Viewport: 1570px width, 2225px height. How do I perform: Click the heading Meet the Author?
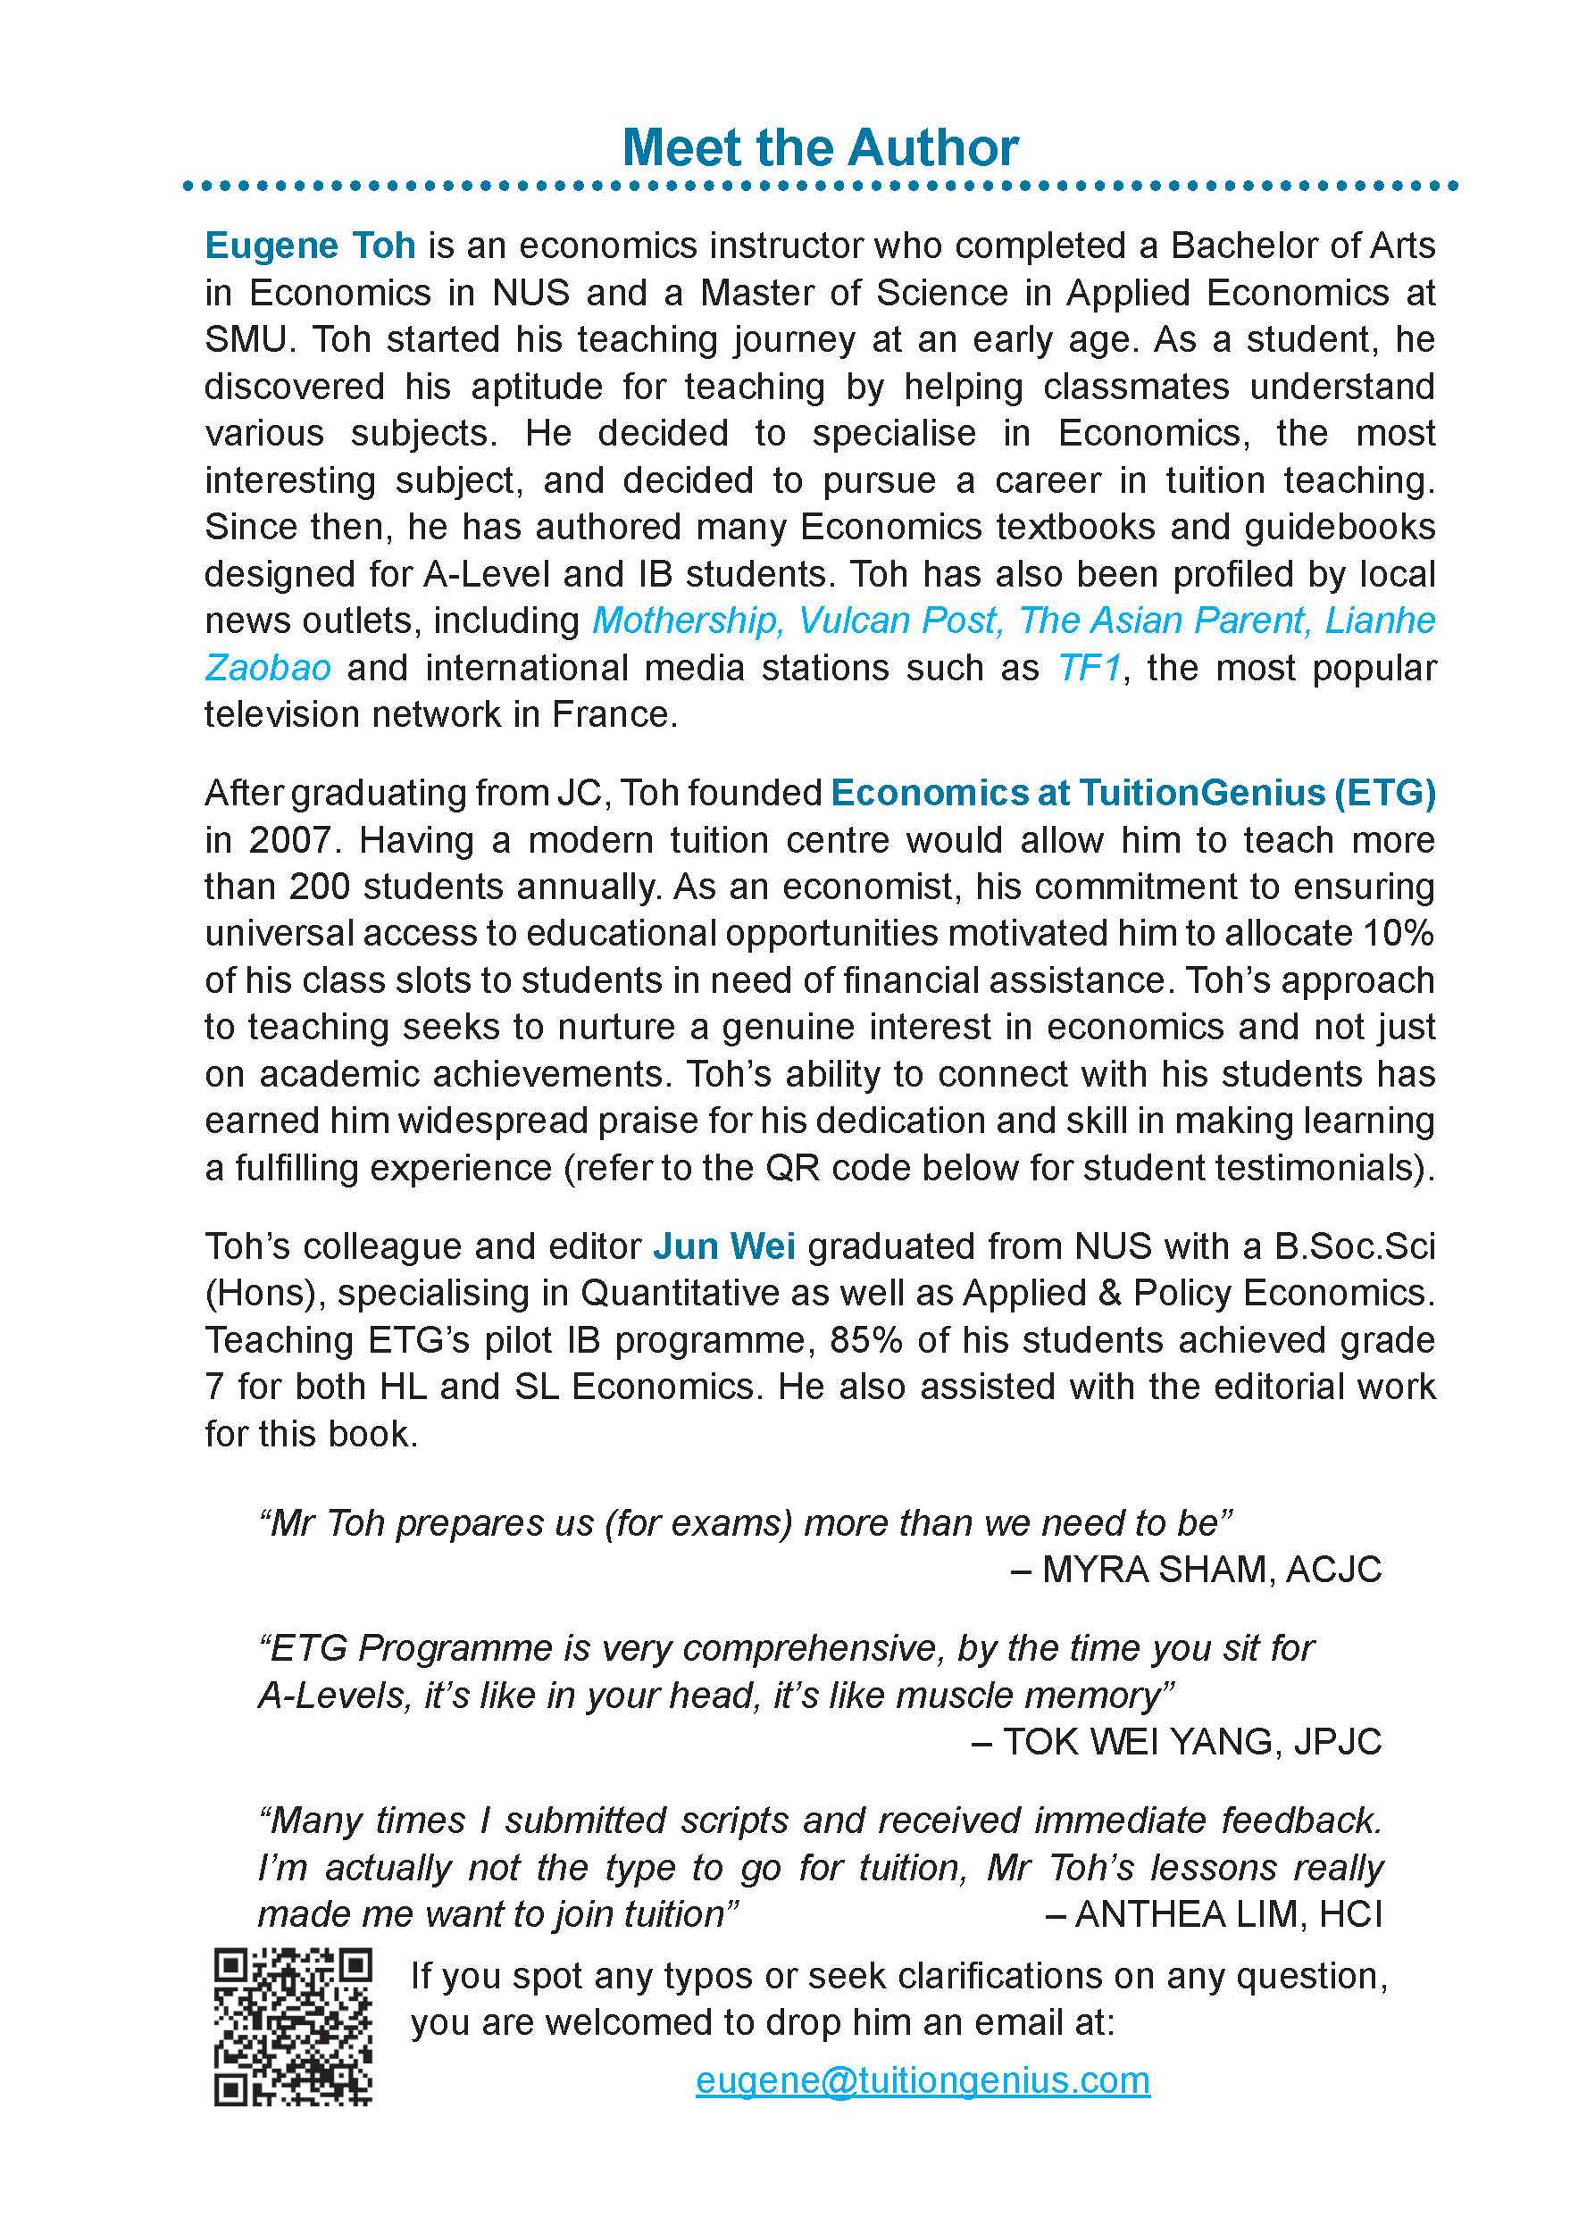(819, 148)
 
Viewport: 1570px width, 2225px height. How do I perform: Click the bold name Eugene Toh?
(310, 246)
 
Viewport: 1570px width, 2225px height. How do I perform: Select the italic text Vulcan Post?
(898, 621)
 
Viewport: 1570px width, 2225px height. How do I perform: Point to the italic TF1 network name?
(1089, 668)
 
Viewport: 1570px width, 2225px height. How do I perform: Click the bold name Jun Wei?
(723, 1246)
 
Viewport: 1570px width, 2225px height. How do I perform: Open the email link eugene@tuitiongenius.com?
(923, 2079)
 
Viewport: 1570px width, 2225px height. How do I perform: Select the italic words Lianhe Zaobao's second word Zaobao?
(268, 668)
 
